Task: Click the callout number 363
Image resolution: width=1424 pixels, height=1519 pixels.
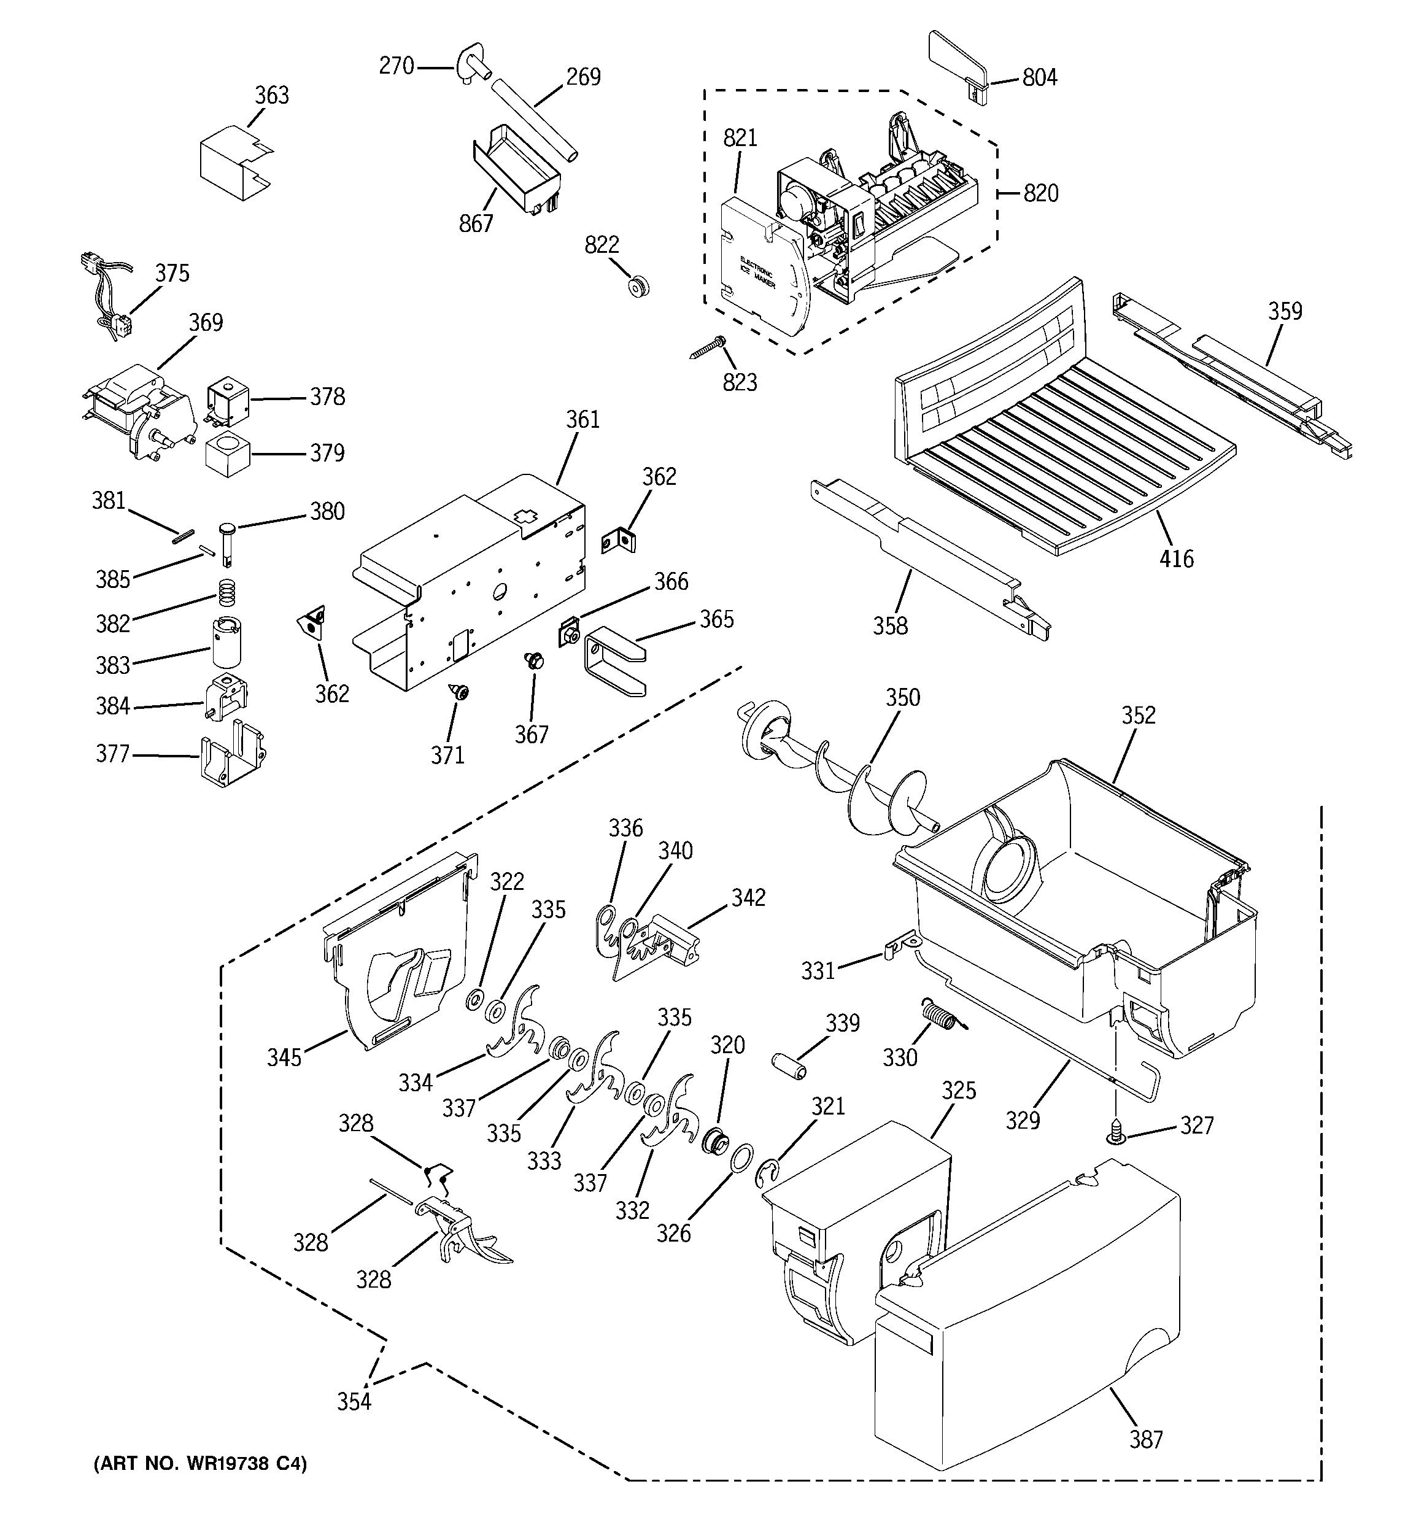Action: [271, 96]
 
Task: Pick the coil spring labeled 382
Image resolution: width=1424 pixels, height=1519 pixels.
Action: [224, 590]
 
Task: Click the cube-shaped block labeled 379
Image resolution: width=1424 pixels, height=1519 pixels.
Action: [227, 455]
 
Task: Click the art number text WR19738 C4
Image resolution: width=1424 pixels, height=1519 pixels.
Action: [200, 1463]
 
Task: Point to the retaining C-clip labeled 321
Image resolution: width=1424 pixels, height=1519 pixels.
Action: [769, 1173]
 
